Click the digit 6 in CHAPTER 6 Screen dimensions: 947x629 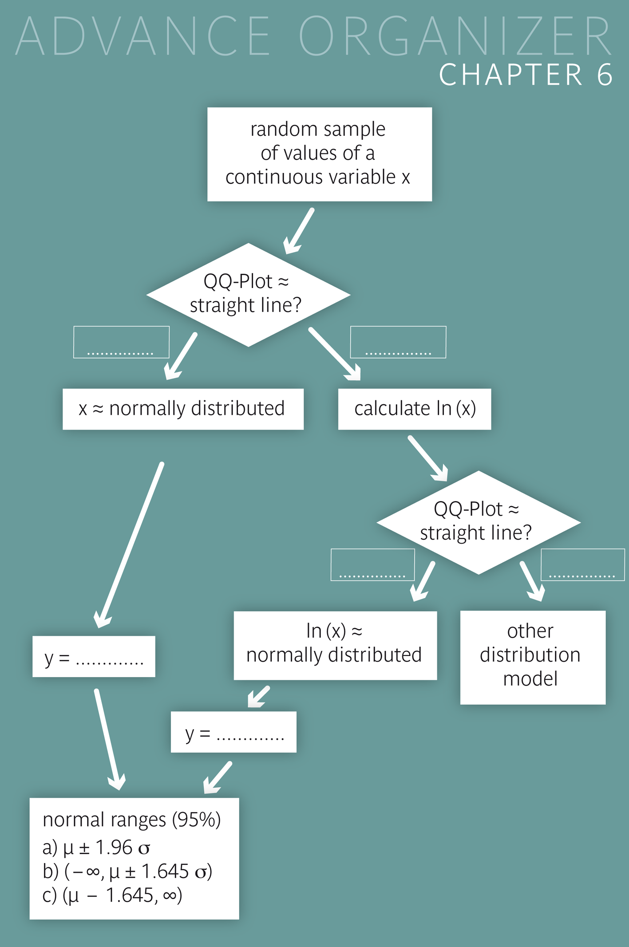605,75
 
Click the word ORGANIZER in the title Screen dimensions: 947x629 455,36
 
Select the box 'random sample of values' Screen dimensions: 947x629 319,154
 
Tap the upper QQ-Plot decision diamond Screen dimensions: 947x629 248,294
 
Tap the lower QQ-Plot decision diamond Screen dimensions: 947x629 478,522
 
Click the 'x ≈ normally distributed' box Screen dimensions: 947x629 183,409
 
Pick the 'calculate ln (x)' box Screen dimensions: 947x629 414,409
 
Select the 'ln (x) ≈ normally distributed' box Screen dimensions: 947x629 335,645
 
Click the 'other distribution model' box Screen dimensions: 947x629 532,657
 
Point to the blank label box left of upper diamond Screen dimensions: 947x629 121,342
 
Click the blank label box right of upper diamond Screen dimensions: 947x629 398,342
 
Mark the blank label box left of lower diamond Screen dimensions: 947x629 372,564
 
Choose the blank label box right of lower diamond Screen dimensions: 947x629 582,564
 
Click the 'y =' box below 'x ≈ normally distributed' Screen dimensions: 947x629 94,656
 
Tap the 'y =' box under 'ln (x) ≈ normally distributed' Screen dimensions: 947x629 233,732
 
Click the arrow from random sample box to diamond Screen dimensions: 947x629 299,231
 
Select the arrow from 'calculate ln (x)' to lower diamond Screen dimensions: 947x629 427,458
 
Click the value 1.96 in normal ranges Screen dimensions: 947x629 114,848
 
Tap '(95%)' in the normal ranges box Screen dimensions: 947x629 196,820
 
